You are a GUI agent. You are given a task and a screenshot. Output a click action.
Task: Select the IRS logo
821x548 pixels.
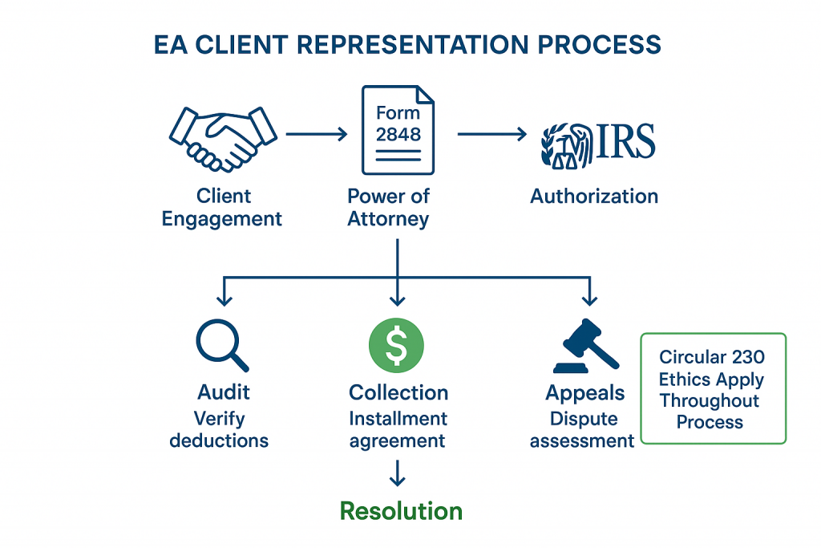pos(598,144)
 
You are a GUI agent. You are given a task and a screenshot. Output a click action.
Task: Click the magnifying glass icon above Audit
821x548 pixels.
pos(220,346)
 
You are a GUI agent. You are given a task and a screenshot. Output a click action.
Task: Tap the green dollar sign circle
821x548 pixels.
pos(396,345)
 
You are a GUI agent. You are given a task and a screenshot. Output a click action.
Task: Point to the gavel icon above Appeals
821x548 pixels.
pos(584,346)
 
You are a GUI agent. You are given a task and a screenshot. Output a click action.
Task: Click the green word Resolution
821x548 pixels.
pos(401,511)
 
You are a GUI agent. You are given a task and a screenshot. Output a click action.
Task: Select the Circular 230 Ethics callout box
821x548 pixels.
pos(713,388)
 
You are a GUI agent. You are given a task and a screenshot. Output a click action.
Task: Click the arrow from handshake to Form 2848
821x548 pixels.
pos(317,134)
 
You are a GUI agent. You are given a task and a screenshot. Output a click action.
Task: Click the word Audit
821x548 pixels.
pos(224,392)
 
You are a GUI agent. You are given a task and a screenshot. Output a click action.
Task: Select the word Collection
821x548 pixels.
pos(398,393)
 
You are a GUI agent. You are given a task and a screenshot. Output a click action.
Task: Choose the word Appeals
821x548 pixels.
pos(584,393)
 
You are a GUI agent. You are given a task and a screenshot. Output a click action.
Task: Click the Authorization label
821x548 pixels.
pos(594,196)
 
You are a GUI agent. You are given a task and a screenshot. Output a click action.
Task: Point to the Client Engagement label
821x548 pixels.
pos(222,208)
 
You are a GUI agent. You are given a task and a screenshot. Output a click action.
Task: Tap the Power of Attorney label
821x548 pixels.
pos(389,208)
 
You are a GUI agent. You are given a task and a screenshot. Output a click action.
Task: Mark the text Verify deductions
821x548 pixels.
pos(219,429)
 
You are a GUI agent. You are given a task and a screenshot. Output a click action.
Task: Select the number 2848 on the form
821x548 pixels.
pos(398,135)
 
